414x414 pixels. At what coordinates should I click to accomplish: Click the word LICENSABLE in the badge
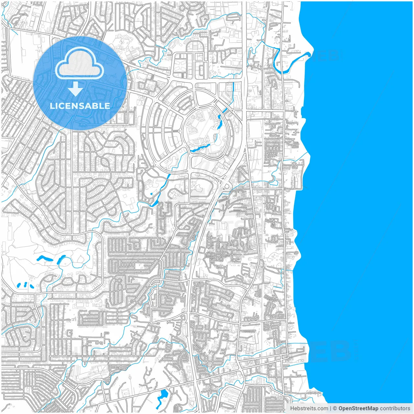pos(80,106)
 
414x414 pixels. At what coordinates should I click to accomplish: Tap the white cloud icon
pos(80,63)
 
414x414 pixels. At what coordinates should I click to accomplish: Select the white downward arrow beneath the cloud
pos(75,89)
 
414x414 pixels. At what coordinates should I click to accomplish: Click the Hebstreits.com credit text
pos(309,409)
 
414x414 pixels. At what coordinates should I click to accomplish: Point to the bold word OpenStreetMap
pos(358,409)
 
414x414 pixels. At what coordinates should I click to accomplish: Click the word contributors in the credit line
pos(395,409)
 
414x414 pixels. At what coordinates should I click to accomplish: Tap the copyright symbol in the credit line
pos(335,409)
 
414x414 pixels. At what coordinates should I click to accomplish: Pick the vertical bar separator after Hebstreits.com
pos(330,409)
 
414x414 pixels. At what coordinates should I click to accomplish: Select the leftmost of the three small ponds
pos(19,285)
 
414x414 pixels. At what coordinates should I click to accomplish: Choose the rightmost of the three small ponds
pos(32,286)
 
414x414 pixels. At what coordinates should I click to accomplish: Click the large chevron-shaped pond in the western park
pos(45,259)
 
